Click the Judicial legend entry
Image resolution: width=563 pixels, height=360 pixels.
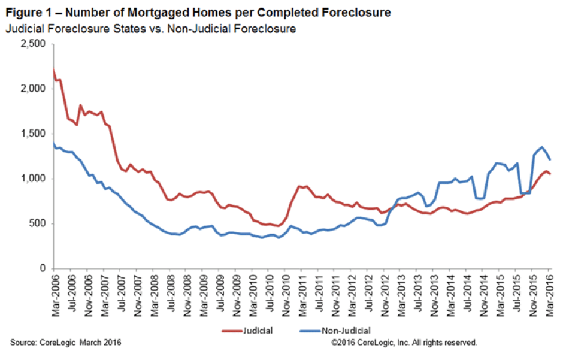click(247, 330)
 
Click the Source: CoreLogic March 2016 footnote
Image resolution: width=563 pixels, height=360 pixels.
click(65, 343)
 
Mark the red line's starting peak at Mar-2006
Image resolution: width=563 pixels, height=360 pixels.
click(54, 71)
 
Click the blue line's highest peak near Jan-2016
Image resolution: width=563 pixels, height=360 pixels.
click(542, 147)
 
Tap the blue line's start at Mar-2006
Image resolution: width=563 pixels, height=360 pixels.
click(54, 144)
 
